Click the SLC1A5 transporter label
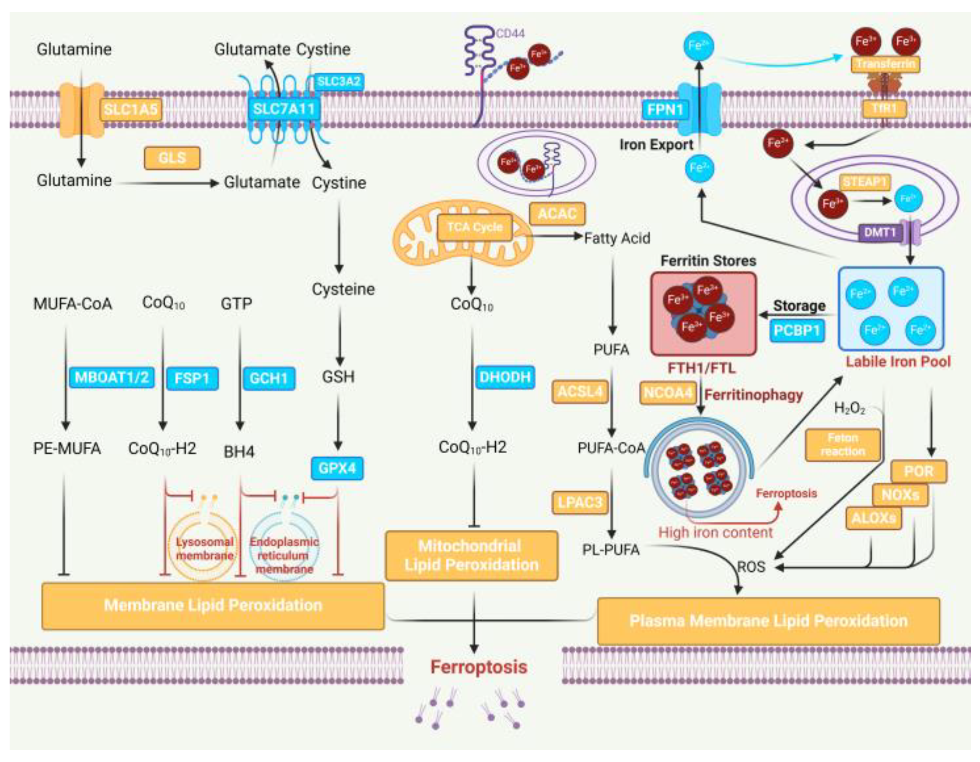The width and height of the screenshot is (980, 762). (130, 109)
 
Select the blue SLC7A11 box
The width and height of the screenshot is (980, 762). (284, 108)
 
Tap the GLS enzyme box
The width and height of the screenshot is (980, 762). (172, 158)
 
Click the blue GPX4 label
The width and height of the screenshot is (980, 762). (337, 468)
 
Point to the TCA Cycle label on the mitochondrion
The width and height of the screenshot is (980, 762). (475, 227)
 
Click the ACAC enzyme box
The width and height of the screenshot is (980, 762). (557, 213)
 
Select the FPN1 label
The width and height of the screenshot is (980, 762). (665, 108)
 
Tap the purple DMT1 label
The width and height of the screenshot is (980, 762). (880, 232)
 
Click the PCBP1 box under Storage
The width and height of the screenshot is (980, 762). (797, 331)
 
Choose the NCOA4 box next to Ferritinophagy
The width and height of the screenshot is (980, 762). (668, 393)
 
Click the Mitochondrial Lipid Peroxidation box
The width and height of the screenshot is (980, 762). (471, 556)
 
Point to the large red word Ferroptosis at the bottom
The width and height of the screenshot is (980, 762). (478, 667)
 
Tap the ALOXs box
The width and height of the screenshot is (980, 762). (873, 518)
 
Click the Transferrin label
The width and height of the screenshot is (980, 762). (885, 64)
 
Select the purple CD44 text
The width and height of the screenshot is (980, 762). (510, 33)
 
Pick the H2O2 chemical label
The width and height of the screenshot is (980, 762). (849, 408)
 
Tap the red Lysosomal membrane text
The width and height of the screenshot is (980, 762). (205, 549)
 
